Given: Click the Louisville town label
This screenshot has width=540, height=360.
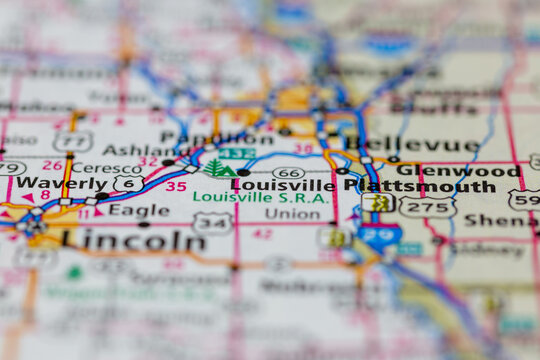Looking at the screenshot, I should pos(284,185).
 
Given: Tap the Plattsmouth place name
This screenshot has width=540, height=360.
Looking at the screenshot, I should pos(419,186).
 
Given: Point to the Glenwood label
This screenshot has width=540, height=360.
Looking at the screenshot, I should pos(473,170).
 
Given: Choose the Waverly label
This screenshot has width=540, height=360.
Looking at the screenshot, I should pos(60,184).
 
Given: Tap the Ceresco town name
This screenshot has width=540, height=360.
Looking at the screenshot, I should pos(107,168).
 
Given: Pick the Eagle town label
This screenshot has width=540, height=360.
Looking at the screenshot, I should pos(139,210).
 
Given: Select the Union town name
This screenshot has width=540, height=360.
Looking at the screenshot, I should pos(292,213).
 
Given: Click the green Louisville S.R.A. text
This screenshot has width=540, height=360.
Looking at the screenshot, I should pos(245,198).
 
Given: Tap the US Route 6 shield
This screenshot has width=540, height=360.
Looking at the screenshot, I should pos(127,184).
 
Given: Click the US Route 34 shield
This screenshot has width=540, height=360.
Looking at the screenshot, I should pos(213,222).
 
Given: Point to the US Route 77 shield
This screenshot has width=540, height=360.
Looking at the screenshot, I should pos(73,142).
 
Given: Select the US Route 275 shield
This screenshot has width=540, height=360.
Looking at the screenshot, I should pos(427,208).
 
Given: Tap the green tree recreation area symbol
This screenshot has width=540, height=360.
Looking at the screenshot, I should pos(218,169).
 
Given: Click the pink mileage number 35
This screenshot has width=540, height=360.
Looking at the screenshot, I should pos(176,186).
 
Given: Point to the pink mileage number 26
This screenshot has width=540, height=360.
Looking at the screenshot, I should pos(52,166).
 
